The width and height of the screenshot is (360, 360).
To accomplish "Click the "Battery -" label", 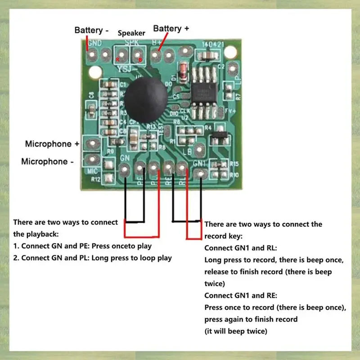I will tap(92, 30).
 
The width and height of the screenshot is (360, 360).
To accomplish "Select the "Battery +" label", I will tap(171, 28).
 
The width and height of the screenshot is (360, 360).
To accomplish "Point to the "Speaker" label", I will tap(131, 33).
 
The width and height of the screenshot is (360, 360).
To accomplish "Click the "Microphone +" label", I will tap(52, 144).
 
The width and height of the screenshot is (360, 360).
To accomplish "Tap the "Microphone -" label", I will tap(47, 161).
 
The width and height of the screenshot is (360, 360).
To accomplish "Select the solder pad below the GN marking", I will tap(124, 169).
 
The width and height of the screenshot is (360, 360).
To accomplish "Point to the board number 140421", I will tap(212, 45).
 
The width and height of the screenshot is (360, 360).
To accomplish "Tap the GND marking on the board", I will tap(95, 44).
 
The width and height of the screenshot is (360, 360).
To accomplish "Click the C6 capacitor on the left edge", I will tap(91, 109).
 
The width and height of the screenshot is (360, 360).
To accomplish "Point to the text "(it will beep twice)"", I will tap(236, 331).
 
